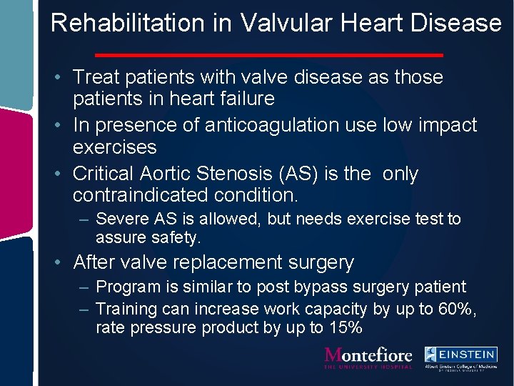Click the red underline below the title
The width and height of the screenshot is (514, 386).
point(269,54)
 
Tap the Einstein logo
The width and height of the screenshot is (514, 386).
point(461,357)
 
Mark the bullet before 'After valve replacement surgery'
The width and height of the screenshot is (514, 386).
point(64,263)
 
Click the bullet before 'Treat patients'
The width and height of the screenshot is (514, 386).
point(64,77)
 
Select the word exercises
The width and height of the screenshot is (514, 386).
point(114,147)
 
